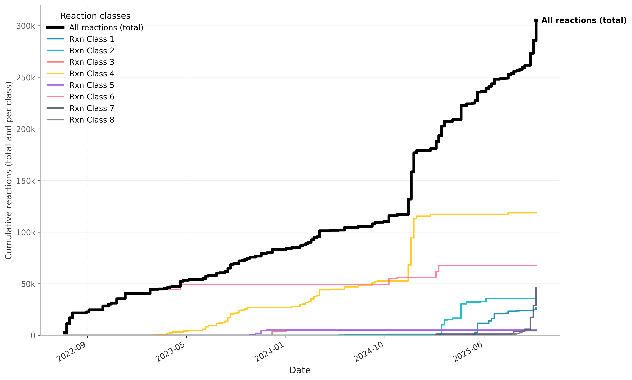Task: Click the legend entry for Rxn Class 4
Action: point(91,74)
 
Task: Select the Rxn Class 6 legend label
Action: point(91,97)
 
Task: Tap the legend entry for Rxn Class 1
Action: point(91,39)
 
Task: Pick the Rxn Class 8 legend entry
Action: point(91,120)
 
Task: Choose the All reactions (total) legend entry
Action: point(106,28)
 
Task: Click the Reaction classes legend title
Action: point(95,16)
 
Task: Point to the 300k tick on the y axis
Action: point(26,26)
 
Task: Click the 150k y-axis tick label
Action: point(26,181)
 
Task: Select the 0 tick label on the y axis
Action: point(33,336)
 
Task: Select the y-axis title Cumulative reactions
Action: point(9,170)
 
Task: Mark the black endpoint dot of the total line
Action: point(536,21)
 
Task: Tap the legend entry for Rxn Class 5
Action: point(91,85)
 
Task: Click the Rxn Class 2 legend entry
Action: point(91,51)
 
